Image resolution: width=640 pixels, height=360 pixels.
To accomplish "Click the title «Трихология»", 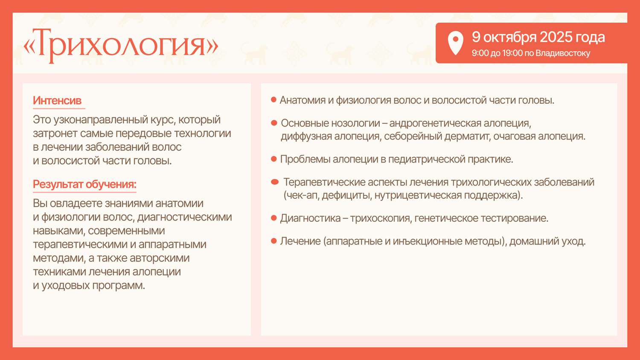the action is click(x=121, y=46).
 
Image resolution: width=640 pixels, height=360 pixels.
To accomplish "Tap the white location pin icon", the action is click(x=455, y=43).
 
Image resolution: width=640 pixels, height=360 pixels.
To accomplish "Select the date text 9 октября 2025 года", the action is click(x=538, y=38).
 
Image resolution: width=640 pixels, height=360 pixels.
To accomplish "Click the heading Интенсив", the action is click(x=57, y=101).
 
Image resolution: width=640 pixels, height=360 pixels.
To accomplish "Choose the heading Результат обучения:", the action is click(x=84, y=184).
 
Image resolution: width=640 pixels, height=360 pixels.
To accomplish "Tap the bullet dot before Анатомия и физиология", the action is click(x=273, y=100).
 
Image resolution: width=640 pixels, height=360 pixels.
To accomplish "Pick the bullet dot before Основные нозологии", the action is click(x=274, y=123).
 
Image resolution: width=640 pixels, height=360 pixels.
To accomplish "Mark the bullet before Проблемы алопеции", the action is click(x=274, y=159).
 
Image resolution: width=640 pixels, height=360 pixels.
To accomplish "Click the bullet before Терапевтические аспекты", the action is click(x=275, y=182).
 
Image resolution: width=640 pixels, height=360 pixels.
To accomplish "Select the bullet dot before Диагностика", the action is click(x=274, y=218).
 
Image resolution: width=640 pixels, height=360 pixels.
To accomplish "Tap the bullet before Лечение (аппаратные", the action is click(x=274, y=241).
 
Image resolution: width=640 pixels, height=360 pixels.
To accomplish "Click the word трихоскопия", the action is click(x=381, y=218).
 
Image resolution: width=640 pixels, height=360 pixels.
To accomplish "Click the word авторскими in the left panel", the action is click(x=160, y=258).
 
